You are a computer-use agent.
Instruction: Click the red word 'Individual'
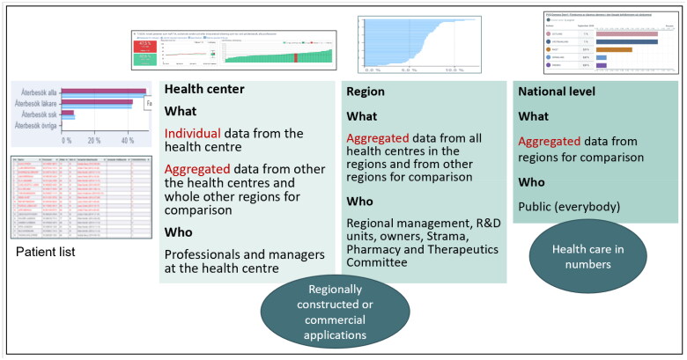[194, 133]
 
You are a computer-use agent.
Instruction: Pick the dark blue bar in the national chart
[626, 41]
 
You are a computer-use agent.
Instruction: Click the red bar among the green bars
[297, 55]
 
